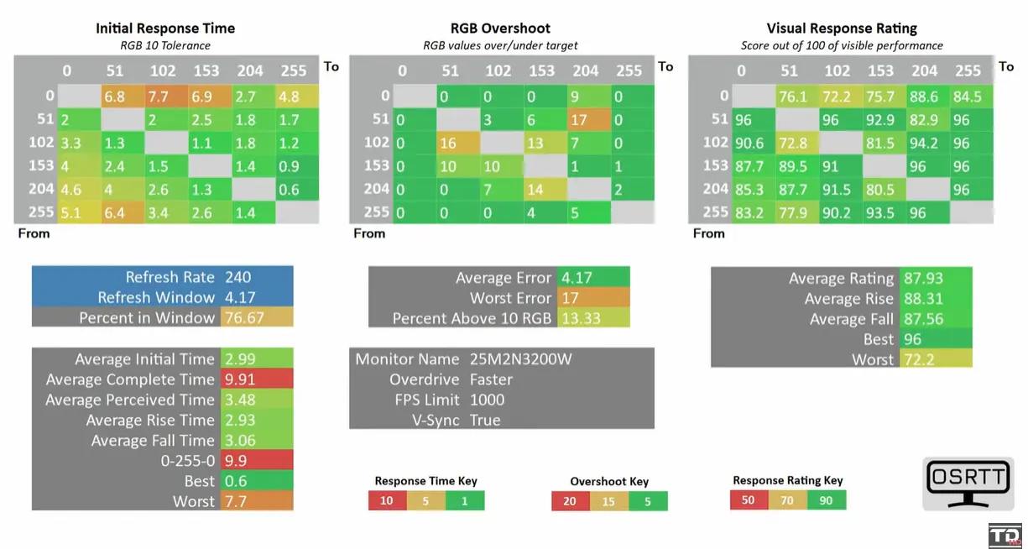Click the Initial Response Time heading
pos(165,29)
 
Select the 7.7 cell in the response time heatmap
pos(159,96)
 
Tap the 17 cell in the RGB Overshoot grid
pos(579,119)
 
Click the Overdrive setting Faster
pos(492,379)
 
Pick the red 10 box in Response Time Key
pos(386,501)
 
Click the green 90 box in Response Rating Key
pos(826,500)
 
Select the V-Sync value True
pos(485,420)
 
